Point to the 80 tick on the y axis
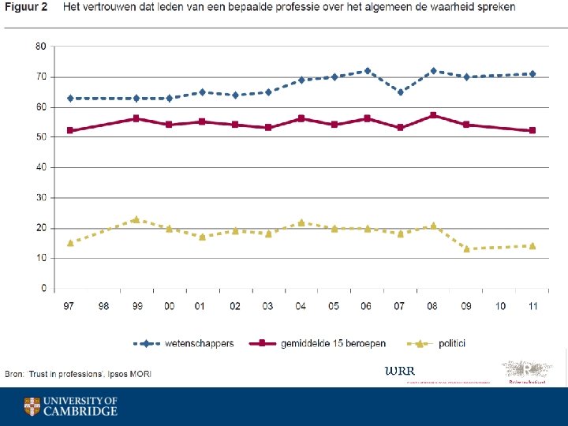(40, 47)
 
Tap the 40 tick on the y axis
(40, 167)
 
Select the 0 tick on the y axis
(43, 289)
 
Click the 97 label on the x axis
(70, 305)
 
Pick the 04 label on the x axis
(301, 305)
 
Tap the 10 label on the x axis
(499, 305)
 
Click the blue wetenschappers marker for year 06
(367, 71)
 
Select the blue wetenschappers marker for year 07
(400, 92)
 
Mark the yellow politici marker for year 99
(136, 219)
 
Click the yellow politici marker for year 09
(466, 249)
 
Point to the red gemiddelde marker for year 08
(433, 115)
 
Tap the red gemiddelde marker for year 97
(70, 131)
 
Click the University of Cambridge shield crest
(32, 406)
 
